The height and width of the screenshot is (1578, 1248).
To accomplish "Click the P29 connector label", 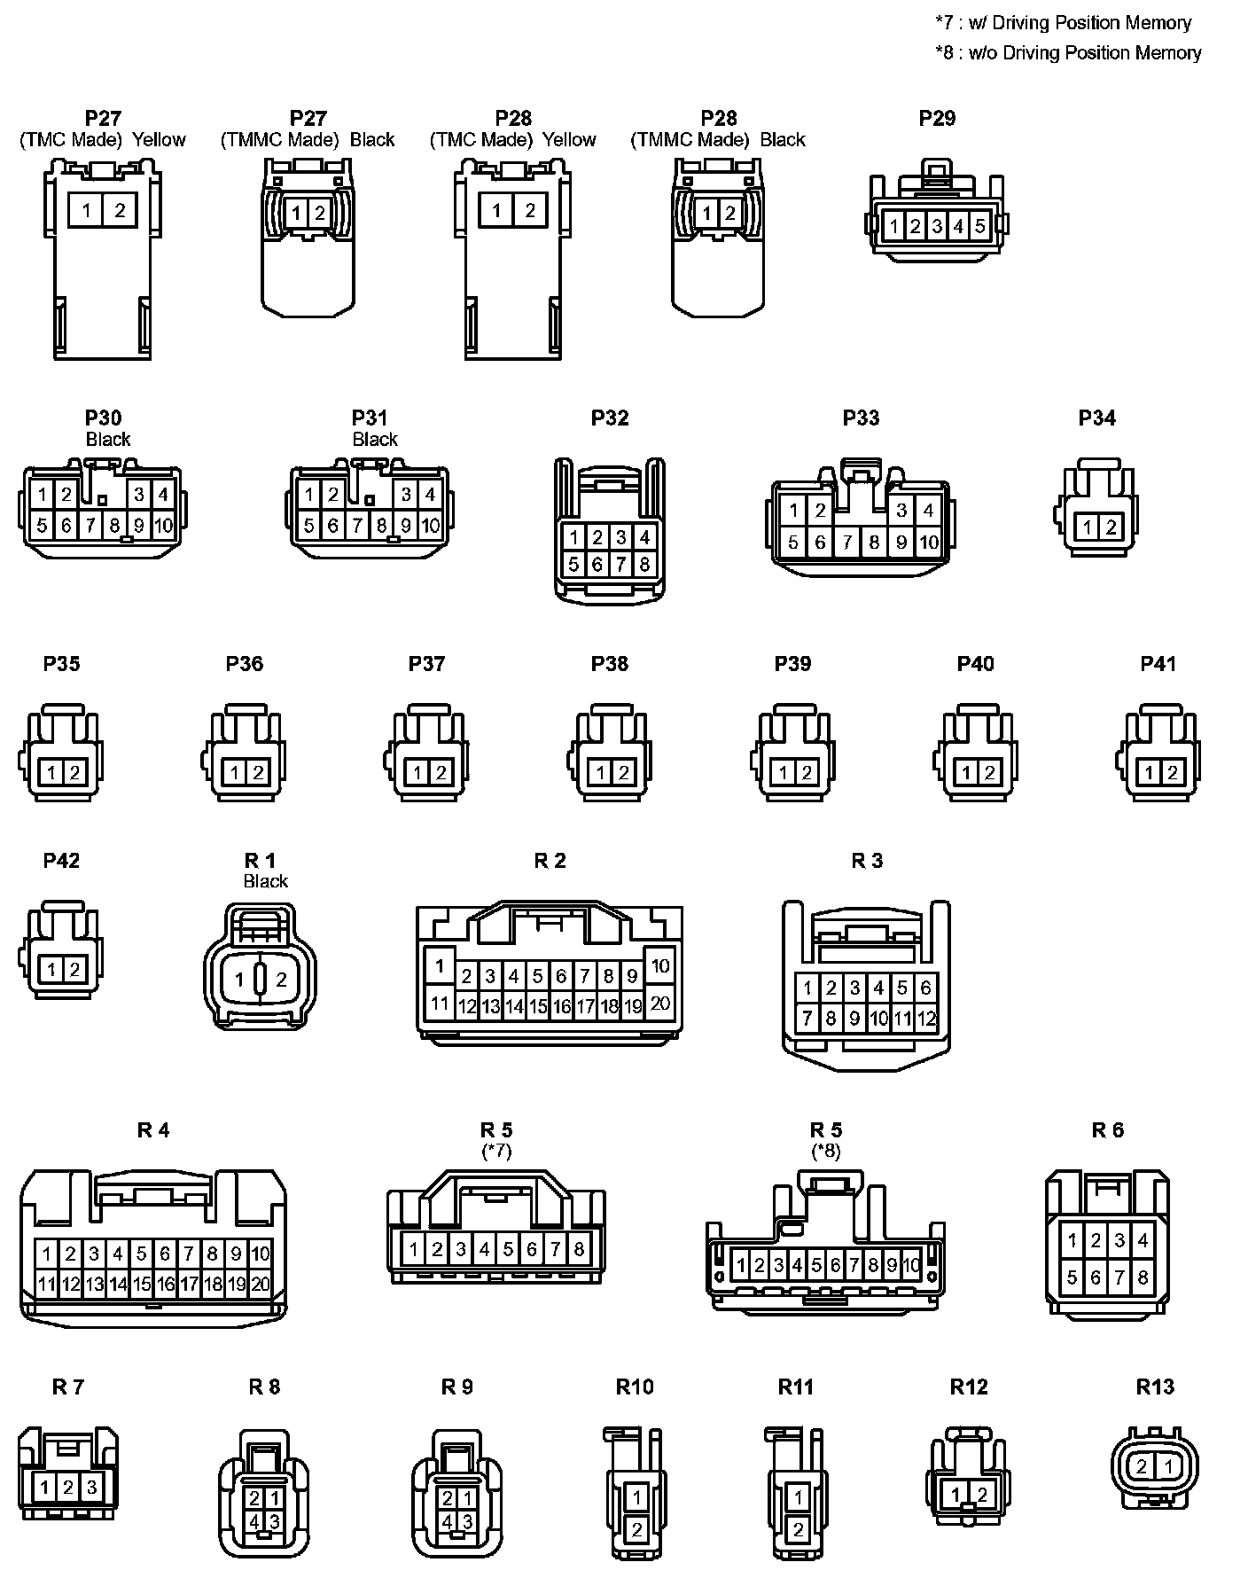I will pyautogui.click(x=937, y=119).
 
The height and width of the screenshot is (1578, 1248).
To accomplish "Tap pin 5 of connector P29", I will pyautogui.click(x=979, y=226).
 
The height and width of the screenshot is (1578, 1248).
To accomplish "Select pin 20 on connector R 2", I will pyautogui.click(x=660, y=1004).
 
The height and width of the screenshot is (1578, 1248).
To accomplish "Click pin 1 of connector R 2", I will pyautogui.click(x=440, y=964).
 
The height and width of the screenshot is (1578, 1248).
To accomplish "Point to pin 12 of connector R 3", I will pyautogui.click(x=926, y=1019).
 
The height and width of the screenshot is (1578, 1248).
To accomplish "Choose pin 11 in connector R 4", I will pyautogui.click(x=46, y=1283).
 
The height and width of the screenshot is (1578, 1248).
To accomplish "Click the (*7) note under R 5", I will pyautogui.click(x=496, y=1151).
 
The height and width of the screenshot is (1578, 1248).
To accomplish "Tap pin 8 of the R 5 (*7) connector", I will pyautogui.click(x=579, y=1249).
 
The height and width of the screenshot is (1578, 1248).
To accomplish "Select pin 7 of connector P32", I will pyautogui.click(x=621, y=564).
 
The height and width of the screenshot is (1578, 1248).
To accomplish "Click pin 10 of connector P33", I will pyautogui.click(x=928, y=542).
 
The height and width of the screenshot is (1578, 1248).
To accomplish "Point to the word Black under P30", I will pyautogui.click(x=108, y=439).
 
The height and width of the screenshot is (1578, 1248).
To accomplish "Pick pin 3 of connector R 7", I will pyautogui.click(x=90, y=1486).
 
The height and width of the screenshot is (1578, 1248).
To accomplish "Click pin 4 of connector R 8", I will pyautogui.click(x=254, y=1521).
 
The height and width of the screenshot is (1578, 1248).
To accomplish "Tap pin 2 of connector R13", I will pyautogui.click(x=1142, y=1466).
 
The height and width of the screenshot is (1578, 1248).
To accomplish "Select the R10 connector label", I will pyautogui.click(x=635, y=1387).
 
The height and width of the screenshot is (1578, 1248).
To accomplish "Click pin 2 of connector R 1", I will pyautogui.click(x=281, y=980).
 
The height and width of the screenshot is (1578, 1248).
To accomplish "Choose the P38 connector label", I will pyautogui.click(x=610, y=664).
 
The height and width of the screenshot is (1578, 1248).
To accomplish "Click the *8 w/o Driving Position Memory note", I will pyautogui.click(x=1068, y=53).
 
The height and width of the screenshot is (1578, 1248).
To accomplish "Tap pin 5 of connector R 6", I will pyautogui.click(x=1072, y=1277).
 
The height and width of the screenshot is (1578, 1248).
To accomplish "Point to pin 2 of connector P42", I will pyautogui.click(x=74, y=970).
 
